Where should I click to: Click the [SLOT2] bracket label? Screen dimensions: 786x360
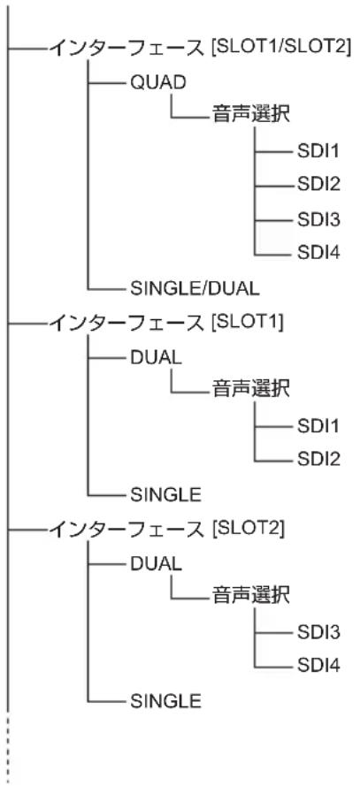click(248, 529)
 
